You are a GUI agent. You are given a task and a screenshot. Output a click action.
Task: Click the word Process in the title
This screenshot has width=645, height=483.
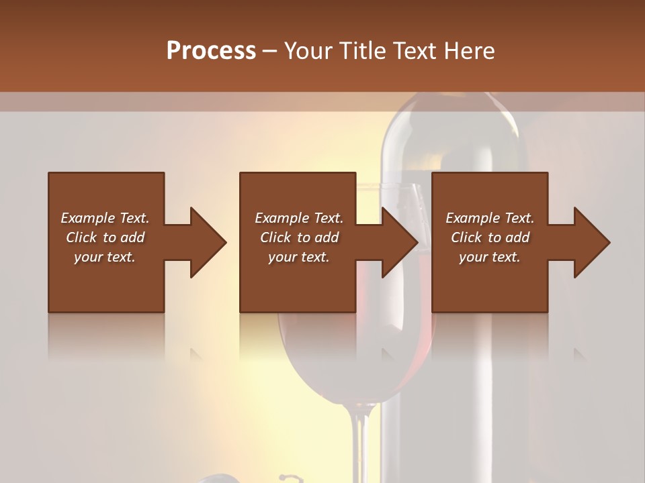[211, 50]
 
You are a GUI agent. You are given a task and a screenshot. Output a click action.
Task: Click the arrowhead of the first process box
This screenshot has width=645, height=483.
[208, 242]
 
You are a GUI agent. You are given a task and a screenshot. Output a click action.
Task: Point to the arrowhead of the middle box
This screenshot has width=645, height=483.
[400, 242]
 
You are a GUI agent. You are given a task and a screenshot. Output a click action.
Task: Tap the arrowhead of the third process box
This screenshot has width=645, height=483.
[592, 242]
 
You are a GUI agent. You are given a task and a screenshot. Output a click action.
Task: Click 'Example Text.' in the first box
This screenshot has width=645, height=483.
[105, 218]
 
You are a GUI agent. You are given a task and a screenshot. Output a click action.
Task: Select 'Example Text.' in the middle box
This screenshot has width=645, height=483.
[299, 218]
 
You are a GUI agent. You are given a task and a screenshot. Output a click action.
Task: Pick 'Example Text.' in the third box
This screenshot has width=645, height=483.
[490, 218]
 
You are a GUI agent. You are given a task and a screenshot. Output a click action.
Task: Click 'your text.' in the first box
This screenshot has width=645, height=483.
[105, 257]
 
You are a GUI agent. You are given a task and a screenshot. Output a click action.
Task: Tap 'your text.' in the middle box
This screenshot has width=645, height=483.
[299, 257]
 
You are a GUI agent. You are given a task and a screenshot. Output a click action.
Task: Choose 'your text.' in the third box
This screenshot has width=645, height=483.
[490, 257]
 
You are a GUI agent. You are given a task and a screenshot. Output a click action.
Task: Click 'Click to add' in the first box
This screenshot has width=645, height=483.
[105, 237]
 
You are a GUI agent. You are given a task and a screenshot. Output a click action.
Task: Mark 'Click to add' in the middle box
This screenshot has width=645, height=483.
[299, 237]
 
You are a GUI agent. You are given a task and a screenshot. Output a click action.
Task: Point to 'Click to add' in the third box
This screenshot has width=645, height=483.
[490, 237]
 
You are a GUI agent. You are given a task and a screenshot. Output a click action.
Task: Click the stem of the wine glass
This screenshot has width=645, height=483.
[361, 443]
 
